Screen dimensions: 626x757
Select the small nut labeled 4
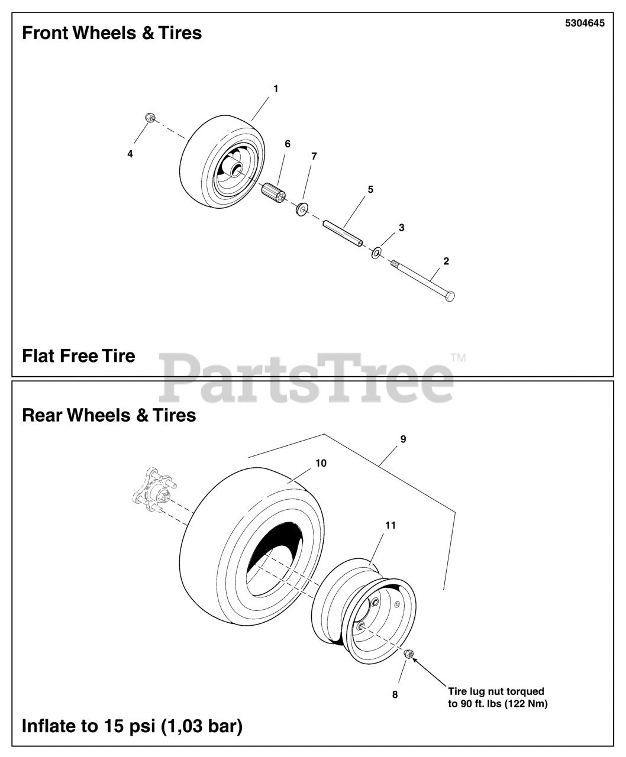point(150,119)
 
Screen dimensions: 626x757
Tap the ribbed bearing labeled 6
point(273,193)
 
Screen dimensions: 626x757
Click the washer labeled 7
point(302,209)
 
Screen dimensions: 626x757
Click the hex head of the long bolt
point(449,296)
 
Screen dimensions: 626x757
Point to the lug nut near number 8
point(408,654)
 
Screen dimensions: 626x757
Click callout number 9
point(403,439)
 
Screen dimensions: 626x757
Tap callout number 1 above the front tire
point(276,89)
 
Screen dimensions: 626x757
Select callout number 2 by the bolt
point(446,261)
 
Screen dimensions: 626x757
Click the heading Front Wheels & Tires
point(112,33)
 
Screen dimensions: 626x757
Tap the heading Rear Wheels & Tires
point(109,415)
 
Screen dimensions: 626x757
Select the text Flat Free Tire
point(79,356)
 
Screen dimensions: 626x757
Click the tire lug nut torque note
point(497,697)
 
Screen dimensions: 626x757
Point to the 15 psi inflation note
point(132,726)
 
